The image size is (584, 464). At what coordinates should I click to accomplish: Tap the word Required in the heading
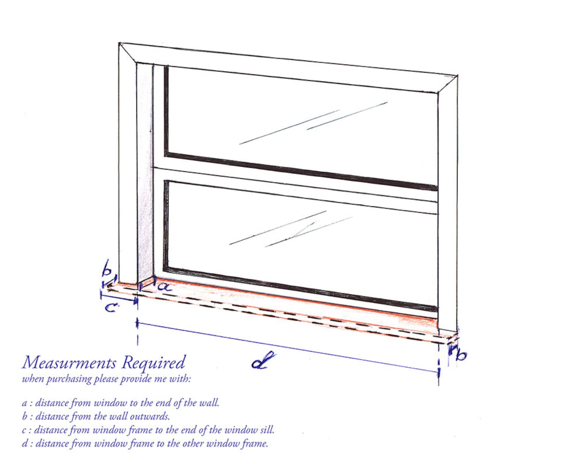click(154, 363)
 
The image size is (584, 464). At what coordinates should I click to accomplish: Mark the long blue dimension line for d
click(287, 347)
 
